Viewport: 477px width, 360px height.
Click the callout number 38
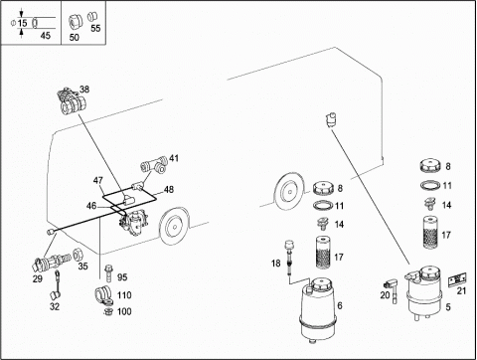(84, 90)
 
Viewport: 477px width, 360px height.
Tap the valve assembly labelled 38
(72, 101)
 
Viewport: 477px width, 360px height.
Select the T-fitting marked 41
(153, 166)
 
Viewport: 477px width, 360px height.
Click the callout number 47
(98, 181)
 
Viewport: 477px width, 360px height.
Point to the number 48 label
(169, 189)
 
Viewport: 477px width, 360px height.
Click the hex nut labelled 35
(79, 255)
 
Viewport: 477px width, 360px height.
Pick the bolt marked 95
(108, 272)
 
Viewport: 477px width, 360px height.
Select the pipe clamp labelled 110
(104, 294)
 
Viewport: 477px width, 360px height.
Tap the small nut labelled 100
(107, 312)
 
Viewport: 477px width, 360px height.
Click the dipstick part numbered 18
(289, 257)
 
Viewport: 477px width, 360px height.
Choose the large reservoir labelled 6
(318, 307)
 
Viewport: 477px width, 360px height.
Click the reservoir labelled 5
(423, 291)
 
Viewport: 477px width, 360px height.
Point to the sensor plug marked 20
(391, 288)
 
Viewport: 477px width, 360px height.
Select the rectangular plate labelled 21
(457, 279)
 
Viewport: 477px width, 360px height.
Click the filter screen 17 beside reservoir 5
(431, 233)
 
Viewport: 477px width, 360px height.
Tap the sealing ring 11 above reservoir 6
(323, 206)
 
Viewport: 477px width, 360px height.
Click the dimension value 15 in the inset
(23, 23)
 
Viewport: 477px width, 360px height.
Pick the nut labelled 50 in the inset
(74, 22)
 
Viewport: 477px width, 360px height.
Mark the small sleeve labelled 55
(91, 16)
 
